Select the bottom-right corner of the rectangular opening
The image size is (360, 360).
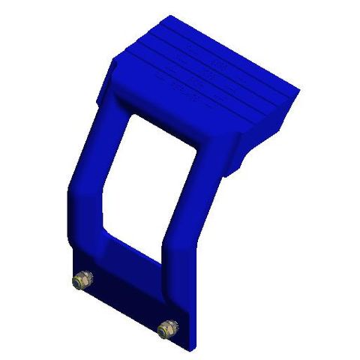point(159,257)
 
